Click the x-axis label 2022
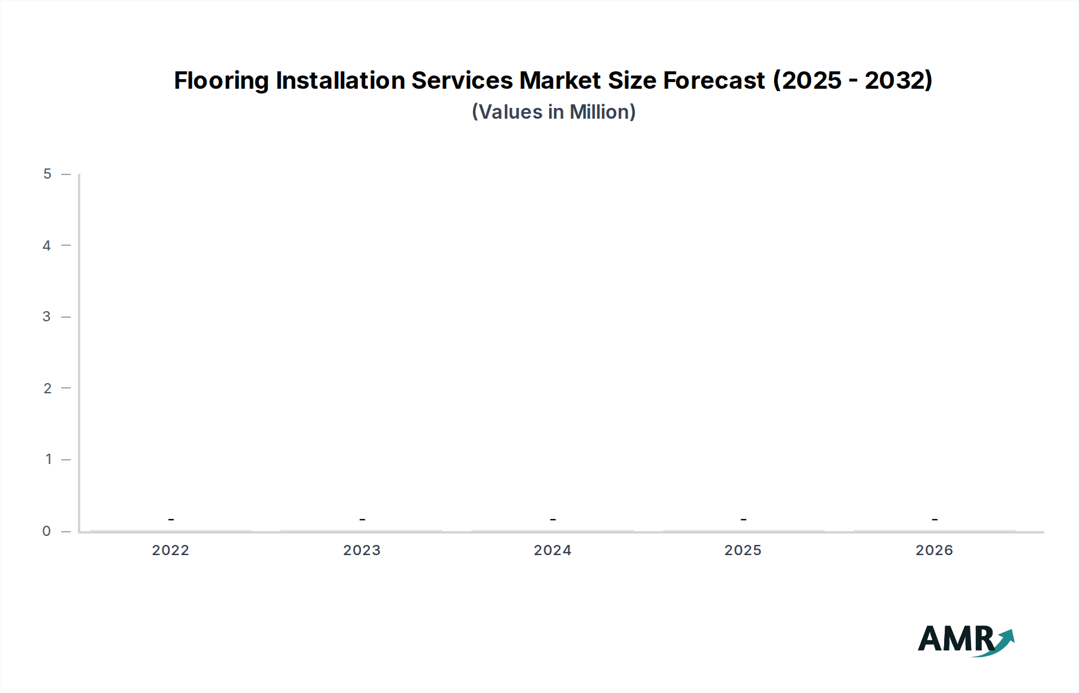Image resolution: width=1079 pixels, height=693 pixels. coord(170,550)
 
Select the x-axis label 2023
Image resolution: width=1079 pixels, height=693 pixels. coord(361,550)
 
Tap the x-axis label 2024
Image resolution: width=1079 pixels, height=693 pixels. coord(552,550)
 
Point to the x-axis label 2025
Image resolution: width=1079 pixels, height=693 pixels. coord(743,550)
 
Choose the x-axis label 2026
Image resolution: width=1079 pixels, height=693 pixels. coord(934,550)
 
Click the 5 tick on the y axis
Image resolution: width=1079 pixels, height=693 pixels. coord(47,174)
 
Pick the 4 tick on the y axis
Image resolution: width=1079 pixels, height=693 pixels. coord(47,245)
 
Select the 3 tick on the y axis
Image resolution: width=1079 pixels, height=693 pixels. coord(47,317)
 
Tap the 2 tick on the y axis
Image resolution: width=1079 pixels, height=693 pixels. coord(47,388)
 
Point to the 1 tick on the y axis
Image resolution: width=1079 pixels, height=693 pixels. coord(49,459)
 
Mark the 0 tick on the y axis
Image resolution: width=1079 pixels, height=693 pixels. coord(47,531)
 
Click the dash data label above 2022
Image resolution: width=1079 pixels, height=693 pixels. coord(171,519)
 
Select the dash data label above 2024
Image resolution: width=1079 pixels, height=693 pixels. coord(553,519)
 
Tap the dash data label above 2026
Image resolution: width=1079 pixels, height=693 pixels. coord(935,519)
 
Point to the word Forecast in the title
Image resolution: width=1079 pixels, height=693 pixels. coord(714,80)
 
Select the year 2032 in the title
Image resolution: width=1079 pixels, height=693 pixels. coord(895,80)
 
